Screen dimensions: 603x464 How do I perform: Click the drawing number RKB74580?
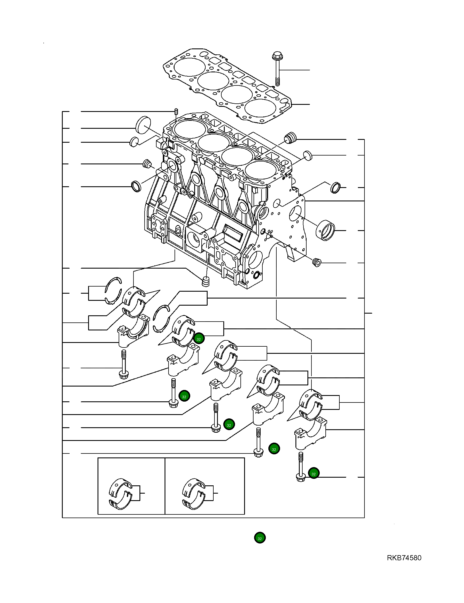coord(404,558)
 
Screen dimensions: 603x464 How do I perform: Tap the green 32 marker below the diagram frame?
coord(260,538)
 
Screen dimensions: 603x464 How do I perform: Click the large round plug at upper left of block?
coord(143,124)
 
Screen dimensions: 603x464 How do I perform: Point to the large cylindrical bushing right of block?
coord(326,230)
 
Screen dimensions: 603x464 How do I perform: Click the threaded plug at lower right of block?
coord(317,262)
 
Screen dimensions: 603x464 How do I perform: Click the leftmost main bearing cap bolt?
coord(123,365)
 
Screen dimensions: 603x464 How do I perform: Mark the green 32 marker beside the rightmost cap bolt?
coord(314,473)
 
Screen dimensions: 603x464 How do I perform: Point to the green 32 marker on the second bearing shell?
coord(199,338)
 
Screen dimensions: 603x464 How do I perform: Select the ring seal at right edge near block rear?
coord(335,188)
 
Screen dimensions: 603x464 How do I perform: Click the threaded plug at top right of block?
coord(290,138)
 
